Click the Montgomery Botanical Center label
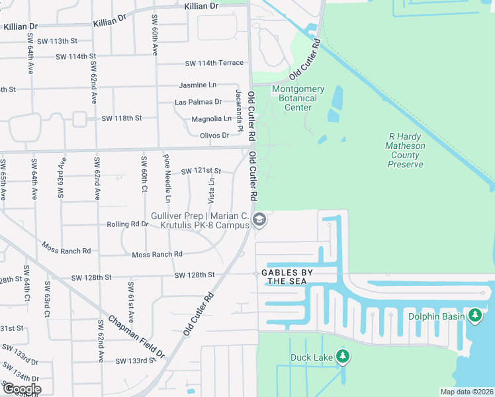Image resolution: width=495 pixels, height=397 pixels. [298, 98]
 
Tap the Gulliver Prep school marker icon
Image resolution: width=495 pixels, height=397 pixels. [259, 220]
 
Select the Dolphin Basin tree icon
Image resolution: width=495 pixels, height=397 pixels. [475, 316]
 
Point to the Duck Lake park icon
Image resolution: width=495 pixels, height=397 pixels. [342, 357]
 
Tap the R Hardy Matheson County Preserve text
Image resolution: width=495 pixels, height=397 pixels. [406, 150]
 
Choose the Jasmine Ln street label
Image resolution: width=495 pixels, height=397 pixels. [197, 85]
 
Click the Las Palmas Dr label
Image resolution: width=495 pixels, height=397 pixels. [198, 102]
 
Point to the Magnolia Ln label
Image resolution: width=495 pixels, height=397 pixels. [211, 118]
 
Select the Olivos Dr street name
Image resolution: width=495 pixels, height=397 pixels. [214, 135]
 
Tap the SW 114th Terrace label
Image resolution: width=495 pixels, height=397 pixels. [214, 63]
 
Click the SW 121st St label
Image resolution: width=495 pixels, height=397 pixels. [201, 171]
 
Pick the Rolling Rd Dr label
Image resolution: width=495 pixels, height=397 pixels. [128, 224]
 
